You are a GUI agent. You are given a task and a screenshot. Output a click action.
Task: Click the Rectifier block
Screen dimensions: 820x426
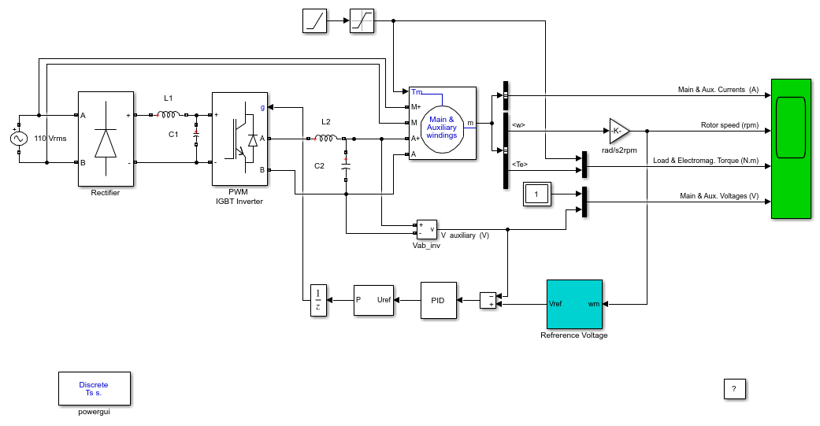coord(106,139)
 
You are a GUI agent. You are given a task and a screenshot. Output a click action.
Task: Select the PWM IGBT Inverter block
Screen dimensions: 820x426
coord(239,139)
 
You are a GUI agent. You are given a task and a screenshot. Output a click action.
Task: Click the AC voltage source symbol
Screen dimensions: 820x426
coord(19,139)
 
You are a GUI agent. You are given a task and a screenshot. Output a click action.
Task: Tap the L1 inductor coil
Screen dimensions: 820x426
coord(169,114)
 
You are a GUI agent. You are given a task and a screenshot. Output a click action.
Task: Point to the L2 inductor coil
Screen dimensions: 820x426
coord(326,139)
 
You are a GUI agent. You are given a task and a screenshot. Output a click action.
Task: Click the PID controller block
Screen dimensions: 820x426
coord(438,301)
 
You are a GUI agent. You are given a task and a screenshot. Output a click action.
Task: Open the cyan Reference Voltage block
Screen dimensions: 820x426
coord(574,304)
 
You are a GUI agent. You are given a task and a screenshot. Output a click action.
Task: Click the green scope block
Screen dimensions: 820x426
coord(791,149)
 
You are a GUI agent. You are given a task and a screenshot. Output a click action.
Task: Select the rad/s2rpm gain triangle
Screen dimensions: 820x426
coord(619,131)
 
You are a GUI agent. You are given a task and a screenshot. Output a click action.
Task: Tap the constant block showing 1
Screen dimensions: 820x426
coord(536,194)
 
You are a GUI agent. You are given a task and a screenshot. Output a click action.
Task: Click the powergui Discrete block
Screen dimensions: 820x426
coord(95,388)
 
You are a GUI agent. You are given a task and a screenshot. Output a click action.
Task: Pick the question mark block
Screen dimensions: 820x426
coord(734,389)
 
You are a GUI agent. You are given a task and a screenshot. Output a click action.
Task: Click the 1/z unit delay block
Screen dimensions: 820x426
coord(318,301)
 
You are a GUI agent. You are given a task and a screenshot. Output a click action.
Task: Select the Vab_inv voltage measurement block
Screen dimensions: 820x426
coord(427,229)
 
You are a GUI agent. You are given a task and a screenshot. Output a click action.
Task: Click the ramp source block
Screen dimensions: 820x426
coord(314,21)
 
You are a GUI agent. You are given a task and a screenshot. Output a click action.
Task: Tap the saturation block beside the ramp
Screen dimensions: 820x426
coord(362,21)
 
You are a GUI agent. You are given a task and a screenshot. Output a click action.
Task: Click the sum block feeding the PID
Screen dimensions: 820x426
coord(488,301)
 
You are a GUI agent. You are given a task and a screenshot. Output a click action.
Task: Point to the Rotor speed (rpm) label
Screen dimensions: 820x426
coord(729,125)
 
